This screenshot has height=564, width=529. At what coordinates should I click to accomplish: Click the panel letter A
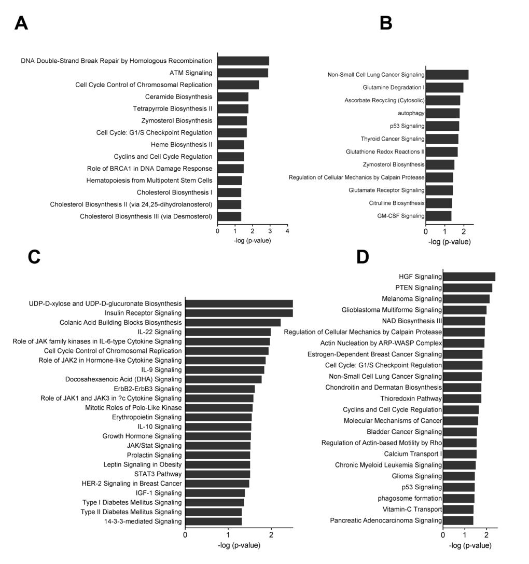pyautogui.click(x=21, y=23)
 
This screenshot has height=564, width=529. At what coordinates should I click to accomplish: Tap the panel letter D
pyautogui.click(x=363, y=257)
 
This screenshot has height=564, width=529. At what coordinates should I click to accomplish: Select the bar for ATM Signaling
pyautogui.click(x=243, y=73)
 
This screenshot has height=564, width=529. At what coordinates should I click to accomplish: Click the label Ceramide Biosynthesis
pyautogui.click(x=179, y=97)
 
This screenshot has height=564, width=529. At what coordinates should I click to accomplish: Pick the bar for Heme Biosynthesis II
pyautogui.click(x=231, y=144)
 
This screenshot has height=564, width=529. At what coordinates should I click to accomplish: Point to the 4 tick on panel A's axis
pyautogui.click(x=287, y=230)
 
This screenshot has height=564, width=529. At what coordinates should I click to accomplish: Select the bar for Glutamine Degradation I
pyautogui.click(x=444, y=88)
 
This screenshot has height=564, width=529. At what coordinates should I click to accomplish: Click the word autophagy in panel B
pyautogui.click(x=411, y=113)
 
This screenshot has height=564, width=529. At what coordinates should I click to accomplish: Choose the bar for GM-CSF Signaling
pyautogui.click(x=439, y=216)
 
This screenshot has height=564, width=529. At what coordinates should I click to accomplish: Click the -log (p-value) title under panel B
pyautogui.click(x=449, y=242)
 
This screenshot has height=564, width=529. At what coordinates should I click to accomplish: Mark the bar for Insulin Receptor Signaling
pyautogui.click(x=239, y=313)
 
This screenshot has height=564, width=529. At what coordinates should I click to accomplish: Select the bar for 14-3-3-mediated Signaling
pyautogui.click(x=214, y=521)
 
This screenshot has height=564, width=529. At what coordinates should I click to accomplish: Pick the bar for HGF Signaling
pyautogui.click(x=469, y=277)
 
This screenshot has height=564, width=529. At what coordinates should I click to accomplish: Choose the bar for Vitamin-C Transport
pyautogui.click(x=458, y=509)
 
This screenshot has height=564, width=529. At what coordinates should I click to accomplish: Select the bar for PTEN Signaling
pyautogui.click(x=467, y=287)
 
